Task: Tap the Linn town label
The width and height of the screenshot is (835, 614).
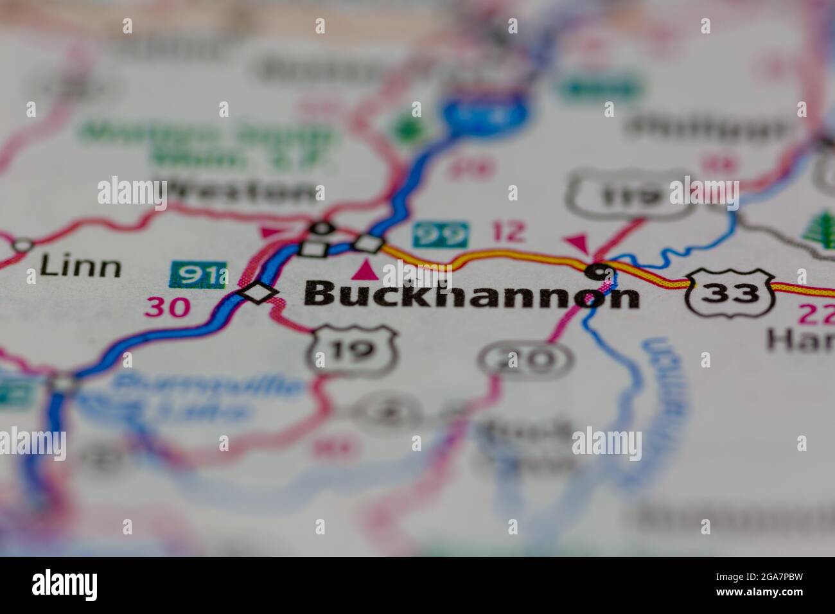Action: point(79,266)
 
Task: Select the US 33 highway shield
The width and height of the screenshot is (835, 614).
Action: point(728,292)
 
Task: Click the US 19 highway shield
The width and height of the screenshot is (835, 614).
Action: point(352,351)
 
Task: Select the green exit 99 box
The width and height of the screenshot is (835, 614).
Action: point(440,235)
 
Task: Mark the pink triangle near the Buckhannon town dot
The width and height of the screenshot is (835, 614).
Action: point(577,243)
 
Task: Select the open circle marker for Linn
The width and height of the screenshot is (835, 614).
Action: point(22,245)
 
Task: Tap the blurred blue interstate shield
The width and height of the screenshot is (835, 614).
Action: point(485,113)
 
